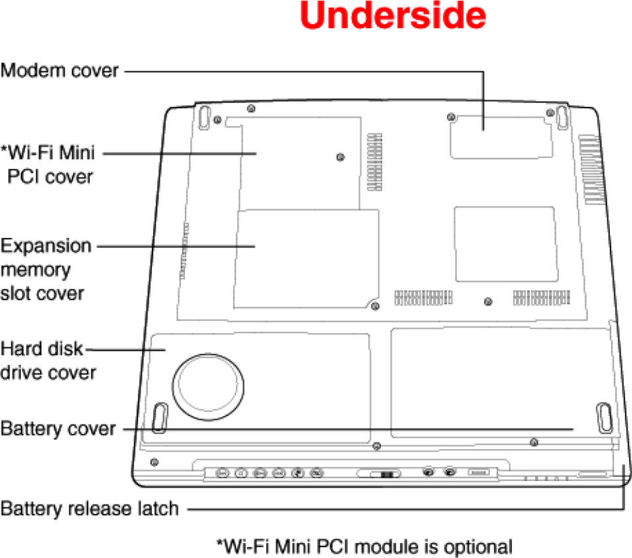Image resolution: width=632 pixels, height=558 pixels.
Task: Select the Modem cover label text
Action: click(x=60, y=70)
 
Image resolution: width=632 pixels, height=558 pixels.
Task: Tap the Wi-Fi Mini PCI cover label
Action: click(x=49, y=165)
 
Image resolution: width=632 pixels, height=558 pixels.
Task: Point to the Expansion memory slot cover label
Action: click(x=45, y=269)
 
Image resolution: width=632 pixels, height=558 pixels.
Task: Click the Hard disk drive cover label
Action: click(x=48, y=360)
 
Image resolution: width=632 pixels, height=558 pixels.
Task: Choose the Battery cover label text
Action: click(x=58, y=429)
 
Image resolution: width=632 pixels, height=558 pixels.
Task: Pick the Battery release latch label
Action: click(x=89, y=509)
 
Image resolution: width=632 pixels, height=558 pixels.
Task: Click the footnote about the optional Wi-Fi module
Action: click(x=365, y=547)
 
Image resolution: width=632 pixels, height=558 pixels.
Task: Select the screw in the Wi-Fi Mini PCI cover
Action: click(x=340, y=157)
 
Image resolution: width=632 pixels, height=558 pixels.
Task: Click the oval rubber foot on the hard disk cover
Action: click(x=159, y=417)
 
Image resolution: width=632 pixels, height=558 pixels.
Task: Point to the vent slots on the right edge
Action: click(x=593, y=169)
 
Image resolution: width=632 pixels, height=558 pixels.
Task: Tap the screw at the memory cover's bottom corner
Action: click(x=375, y=306)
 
